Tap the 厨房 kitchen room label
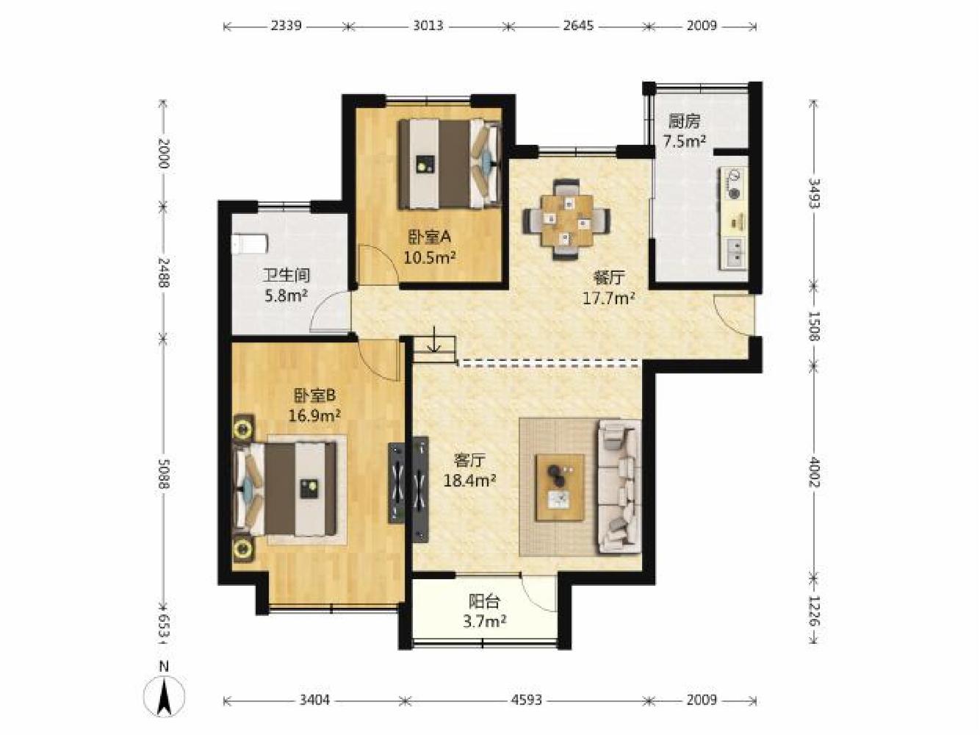point(684,121)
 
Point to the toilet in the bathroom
point(250,244)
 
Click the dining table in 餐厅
point(566,220)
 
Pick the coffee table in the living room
point(561,487)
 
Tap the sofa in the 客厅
point(619,487)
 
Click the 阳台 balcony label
point(484,603)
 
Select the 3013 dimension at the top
point(428,26)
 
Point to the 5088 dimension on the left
point(164,473)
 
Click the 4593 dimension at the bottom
point(527,700)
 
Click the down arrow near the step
point(433,339)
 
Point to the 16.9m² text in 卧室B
point(314,416)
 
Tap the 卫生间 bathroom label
point(287,276)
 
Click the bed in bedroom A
point(449,163)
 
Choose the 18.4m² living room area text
point(470,481)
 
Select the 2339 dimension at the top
point(286,26)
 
